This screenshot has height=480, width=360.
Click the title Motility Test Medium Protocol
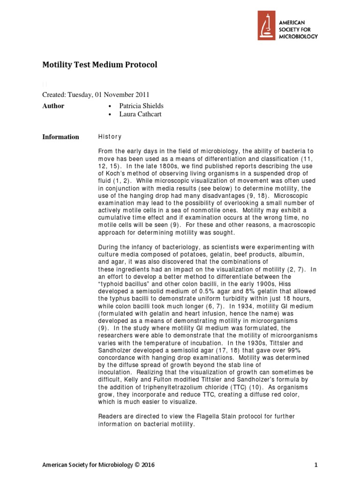click(x=100, y=65)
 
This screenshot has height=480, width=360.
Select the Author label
click(x=53, y=106)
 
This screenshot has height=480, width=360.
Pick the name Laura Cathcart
click(x=140, y=114)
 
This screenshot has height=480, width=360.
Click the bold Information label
click(x=60, y=137)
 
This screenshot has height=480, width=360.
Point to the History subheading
click(x=110, y=137)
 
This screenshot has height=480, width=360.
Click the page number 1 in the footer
click(x=316, y=465)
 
